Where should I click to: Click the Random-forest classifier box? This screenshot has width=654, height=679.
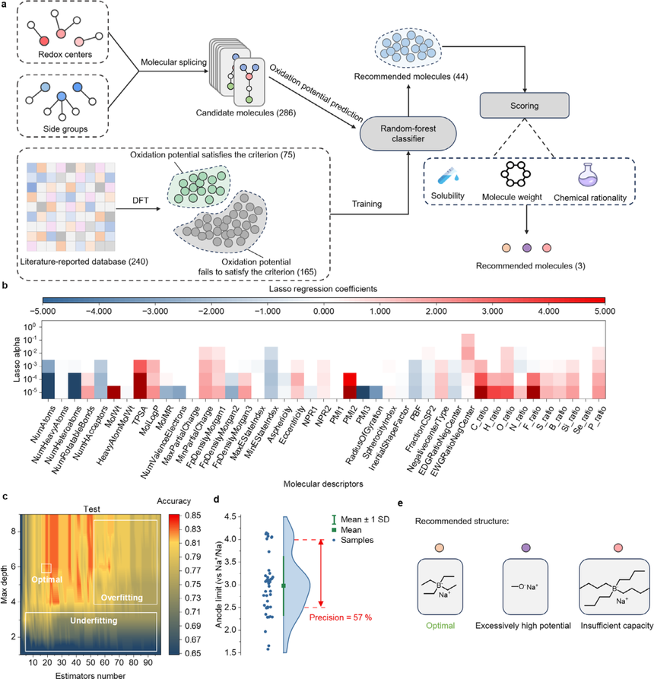coord(408,133)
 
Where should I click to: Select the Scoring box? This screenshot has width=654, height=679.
coord(525,105)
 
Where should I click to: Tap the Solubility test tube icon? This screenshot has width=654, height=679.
coord(448,176)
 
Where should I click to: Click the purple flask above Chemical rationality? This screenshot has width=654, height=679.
coord(588,175)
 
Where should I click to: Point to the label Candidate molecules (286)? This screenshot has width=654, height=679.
coord(246,113)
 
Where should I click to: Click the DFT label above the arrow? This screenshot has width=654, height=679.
coord(141,200)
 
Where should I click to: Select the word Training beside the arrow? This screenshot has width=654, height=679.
coord(367,204)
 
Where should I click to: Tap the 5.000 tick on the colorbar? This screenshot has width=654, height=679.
coord(605,311)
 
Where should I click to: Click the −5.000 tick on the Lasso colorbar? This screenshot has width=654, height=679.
coord(43,311)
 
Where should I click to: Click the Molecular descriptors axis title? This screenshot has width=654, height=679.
coord(323,484)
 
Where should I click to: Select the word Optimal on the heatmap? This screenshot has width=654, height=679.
coord(47,579)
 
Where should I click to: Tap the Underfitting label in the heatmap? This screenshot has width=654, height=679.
coord(94,620)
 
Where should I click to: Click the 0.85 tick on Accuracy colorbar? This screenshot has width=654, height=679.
coord(192,516)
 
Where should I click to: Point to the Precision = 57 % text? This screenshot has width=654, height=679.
coord(341,617)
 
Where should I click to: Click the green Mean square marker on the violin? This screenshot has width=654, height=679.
coord(284,586)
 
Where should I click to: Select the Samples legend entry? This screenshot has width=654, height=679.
coord(353,540)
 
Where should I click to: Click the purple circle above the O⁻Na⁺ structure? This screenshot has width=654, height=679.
coord(525,547)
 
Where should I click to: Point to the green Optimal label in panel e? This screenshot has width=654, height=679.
coord(440,625)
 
